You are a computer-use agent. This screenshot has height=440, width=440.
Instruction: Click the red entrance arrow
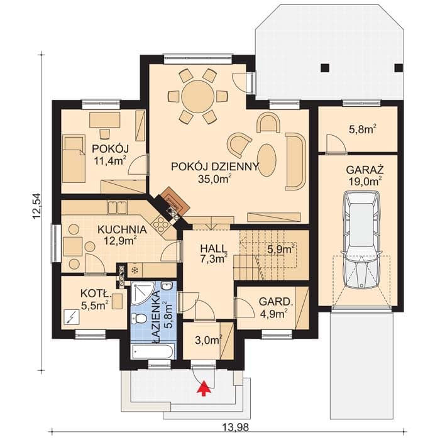[204, 388]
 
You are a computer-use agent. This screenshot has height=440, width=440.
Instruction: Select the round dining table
[198, 96]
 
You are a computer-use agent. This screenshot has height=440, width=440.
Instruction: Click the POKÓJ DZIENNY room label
[215, 167]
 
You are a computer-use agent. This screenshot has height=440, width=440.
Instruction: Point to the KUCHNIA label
[122, 229]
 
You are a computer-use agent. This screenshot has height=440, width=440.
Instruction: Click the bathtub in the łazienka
[153, 351]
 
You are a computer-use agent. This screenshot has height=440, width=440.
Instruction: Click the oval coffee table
[267, 160]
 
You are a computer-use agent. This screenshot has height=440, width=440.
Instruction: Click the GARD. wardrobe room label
[276, 302]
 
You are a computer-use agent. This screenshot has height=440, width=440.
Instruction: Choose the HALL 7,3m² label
[214, 254]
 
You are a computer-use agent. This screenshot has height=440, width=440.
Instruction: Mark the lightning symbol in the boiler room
[72, 317]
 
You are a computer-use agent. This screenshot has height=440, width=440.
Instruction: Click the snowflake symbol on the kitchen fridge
[135, 270]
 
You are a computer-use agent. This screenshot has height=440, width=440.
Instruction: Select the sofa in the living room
[295, 161]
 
